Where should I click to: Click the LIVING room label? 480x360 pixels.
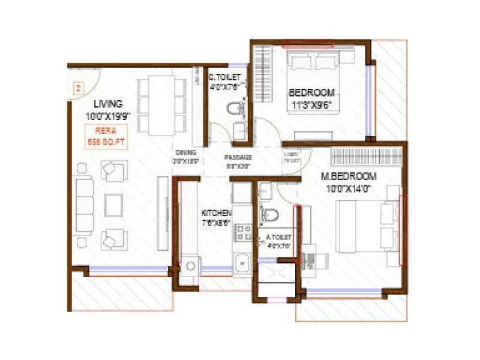(107, 103)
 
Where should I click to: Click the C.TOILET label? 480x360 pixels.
(224, 77)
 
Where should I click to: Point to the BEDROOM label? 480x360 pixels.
(311, 92)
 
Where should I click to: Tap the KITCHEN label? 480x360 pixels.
(214, 214)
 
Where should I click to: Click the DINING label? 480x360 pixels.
(186, 153)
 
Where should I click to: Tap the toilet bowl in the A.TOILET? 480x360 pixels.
(271, 215)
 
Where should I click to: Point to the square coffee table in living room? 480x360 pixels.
(113, 205)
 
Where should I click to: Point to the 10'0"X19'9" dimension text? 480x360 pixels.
(107, 114)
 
